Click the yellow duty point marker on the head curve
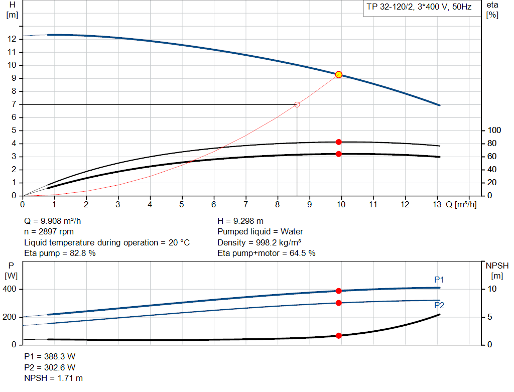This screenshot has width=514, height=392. point(339,75)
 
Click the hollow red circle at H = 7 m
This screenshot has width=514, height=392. point(297,104)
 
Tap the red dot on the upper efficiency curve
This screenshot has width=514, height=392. point(339,142)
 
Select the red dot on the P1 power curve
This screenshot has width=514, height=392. point(339,291)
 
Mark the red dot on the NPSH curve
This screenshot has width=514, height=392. point(339,335)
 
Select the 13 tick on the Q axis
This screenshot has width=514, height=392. point(437,205)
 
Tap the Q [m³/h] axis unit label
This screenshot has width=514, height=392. point(461,205)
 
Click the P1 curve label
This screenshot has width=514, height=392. point(439,280)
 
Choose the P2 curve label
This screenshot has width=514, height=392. point(439,305)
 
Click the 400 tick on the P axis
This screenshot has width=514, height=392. point(12,289)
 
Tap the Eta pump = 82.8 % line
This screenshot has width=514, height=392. point(60,253)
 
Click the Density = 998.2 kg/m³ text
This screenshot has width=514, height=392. point(259,242)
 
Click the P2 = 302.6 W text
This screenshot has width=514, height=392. point(50,367)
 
